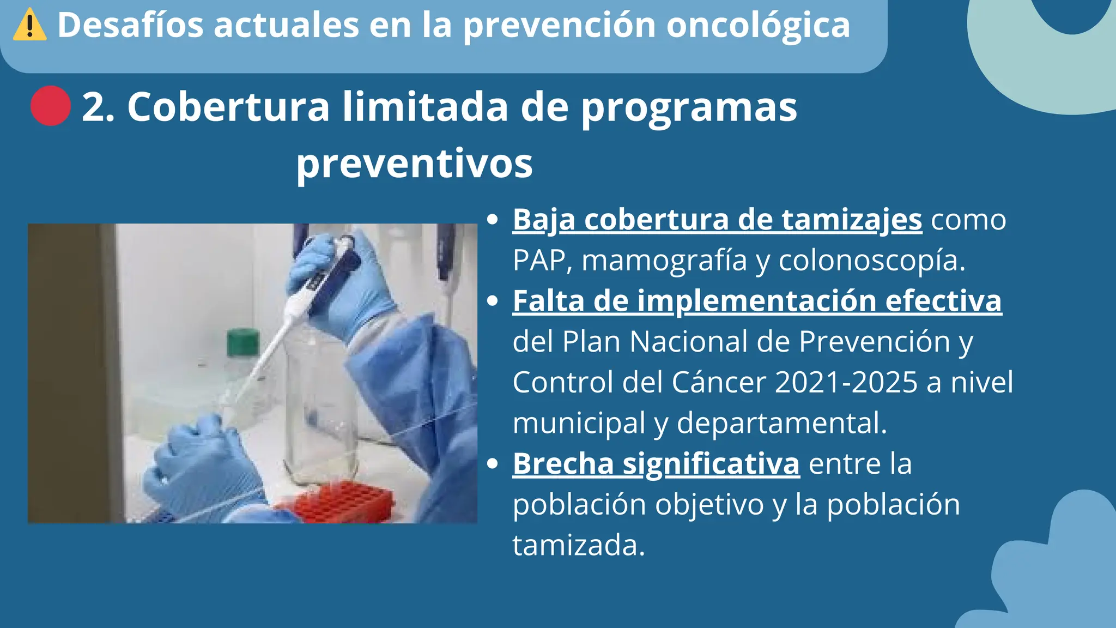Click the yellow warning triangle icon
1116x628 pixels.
tap(29, 26)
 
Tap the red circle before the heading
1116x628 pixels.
tap(51, 106)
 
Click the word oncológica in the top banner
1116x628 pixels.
tap(758, 25)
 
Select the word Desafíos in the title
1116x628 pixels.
tap(130, 25)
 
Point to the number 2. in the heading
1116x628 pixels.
tap(98, 106)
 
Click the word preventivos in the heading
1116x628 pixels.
tap(414, 163)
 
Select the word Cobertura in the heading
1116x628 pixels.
tap(228, 106)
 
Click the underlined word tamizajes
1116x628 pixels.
tap(852, 220)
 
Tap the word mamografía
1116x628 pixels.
tap(664, 260)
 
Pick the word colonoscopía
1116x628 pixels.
tap(871, 260)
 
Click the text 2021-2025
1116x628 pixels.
tap(846, 382)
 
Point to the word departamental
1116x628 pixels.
tap(781, 422)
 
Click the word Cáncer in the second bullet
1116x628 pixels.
tap(719, 382)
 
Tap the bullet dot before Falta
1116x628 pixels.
tap(493, 301)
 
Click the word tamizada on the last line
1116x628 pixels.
tap(578, 545)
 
